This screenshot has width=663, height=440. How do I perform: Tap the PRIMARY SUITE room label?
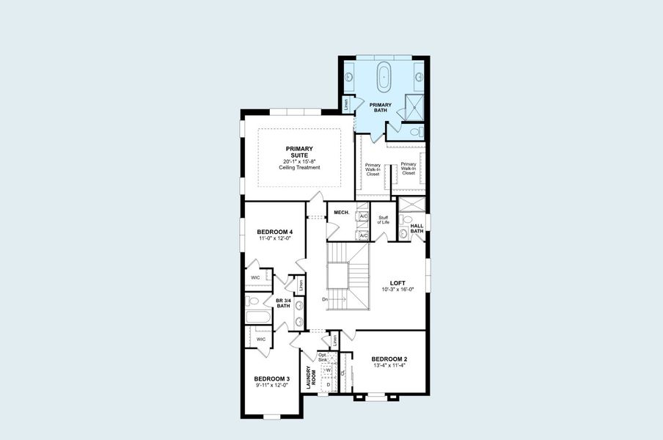(299, 152)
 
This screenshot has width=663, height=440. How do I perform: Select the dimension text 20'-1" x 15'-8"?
(299, 161)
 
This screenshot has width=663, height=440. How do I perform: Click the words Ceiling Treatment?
(299, 168)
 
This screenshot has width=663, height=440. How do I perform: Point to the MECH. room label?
(341, 213)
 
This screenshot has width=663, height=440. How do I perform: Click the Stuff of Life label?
(383, 219)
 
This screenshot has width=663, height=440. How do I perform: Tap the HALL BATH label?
(417, 229)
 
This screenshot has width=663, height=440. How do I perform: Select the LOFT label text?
(397, 282)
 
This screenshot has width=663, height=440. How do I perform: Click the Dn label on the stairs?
(325, 299)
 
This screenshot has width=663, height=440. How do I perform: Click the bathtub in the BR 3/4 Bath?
(258, 318)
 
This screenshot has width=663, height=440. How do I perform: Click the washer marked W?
(328, 370)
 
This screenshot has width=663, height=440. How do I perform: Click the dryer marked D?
(328, 384)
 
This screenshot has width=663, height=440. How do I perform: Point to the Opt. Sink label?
(322, 358)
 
